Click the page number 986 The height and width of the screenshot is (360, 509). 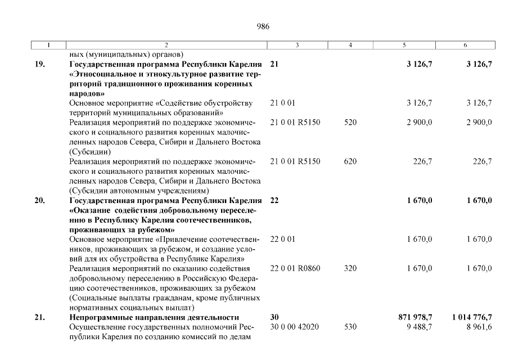[263, 26]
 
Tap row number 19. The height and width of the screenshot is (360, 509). [40, 64]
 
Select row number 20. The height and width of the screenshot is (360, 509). [40, 201]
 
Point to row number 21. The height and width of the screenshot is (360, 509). [40, 317]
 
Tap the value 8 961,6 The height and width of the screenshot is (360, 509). [479, 327]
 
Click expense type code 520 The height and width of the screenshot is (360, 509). [350, 122]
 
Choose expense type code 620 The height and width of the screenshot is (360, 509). [350, 161]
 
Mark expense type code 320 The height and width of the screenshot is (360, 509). [350, 268]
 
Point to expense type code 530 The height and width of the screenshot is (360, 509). [350, 327]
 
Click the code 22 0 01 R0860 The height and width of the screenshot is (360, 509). [295, 268]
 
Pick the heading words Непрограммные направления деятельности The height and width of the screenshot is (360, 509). [154, 317]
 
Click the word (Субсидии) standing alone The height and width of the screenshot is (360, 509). [89, 151]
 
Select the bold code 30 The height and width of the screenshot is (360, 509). [274, 317]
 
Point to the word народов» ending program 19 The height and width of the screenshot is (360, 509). [87, 93]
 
